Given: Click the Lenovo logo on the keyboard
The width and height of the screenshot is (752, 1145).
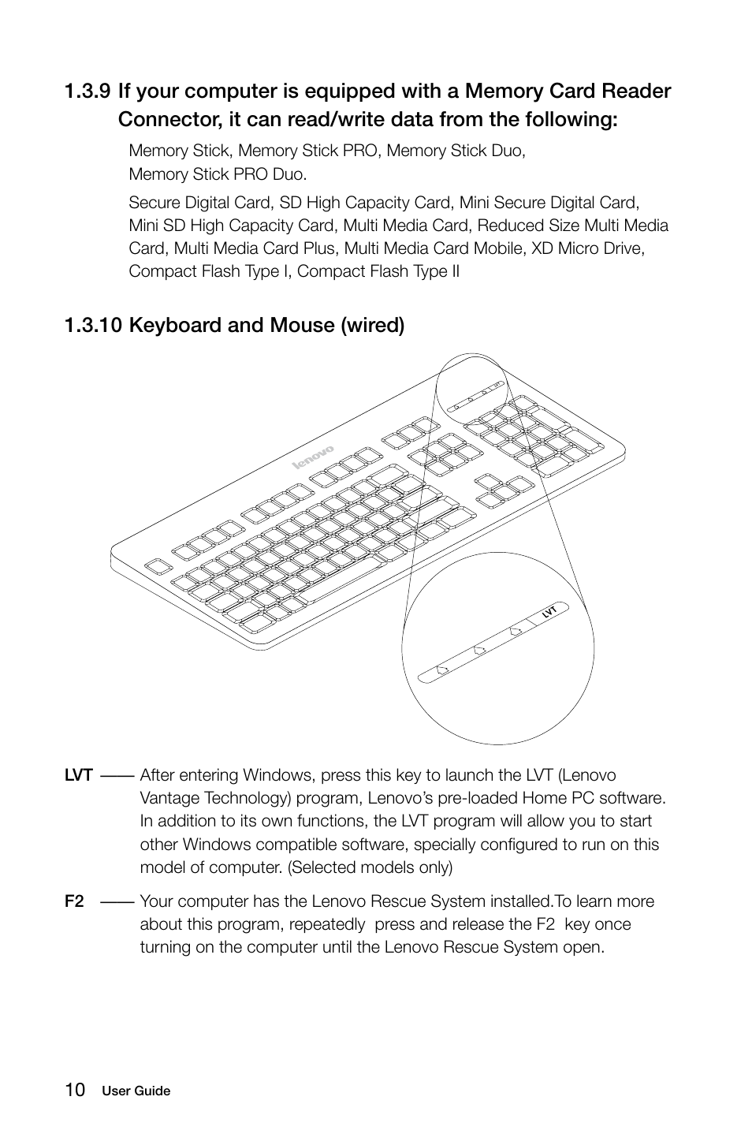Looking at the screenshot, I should pos(314,458).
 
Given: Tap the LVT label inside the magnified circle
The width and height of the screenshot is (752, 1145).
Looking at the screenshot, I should pos(549,611).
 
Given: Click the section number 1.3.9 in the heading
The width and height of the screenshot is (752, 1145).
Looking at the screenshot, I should pos(87,91).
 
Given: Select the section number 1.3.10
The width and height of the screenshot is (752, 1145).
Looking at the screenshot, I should pos(93,325).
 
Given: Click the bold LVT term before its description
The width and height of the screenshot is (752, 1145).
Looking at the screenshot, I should pos(79,776).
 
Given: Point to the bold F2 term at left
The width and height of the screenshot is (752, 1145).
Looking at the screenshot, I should pos(75,901).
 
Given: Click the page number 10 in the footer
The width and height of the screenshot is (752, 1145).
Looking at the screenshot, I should pos(76,1090).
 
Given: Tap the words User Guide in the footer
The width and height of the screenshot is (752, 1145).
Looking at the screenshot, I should pos(136,1091).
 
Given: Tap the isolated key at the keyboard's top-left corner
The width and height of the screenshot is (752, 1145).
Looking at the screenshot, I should pos(158,567).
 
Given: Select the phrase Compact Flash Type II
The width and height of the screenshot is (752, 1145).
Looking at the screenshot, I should pos(378,271).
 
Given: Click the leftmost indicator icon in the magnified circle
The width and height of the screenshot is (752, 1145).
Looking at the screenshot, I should pos(441,669).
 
